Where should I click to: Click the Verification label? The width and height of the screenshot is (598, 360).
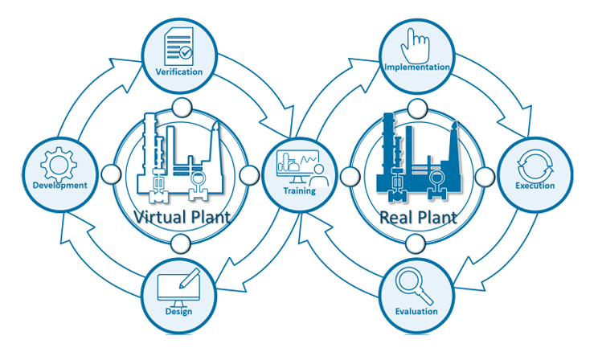click(x=179, y=72)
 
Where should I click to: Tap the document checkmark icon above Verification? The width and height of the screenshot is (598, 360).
click(x=178, y=46)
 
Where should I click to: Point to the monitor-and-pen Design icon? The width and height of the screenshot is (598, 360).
click(x=178, y=287)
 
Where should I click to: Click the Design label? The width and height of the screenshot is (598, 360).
click(x=178, y=311)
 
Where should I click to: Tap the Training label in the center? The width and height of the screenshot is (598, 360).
click(x=299, y=191)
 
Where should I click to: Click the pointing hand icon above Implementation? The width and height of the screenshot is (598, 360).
click(x=415, y=42)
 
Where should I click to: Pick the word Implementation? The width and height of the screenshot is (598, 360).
click(x=416, y=67)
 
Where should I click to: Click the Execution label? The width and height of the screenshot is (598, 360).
click(x=535, y=186)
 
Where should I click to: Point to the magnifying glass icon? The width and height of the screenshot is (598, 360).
click(x=416, y=285)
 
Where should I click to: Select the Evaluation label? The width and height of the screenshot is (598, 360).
click(x=416, y=311)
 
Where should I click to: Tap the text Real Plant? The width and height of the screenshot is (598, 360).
click(x=417, y=217)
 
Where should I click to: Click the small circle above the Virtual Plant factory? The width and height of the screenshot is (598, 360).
click(x=180, y=107)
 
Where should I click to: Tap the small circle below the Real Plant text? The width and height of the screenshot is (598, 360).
click(x=416, y=243)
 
